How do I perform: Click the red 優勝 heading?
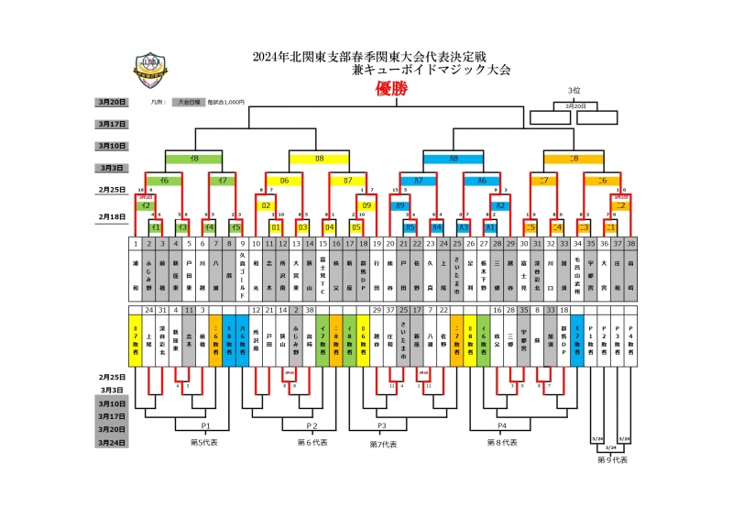click(x=390, y=90)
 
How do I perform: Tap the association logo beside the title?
click(x=119, y=65)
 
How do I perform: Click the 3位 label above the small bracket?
click(x=574, y=91)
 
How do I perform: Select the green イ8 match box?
click(x=194, y=159)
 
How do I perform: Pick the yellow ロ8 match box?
click(x=320, y=159)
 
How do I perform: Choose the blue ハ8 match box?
click(x=454, y=159)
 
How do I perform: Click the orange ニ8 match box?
click(x=574, y=159)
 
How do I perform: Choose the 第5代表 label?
click(x=202, y=442)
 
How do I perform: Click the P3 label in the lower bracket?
click(x=380, y=426)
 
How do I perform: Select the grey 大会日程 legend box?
click(x=189, y=103)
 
